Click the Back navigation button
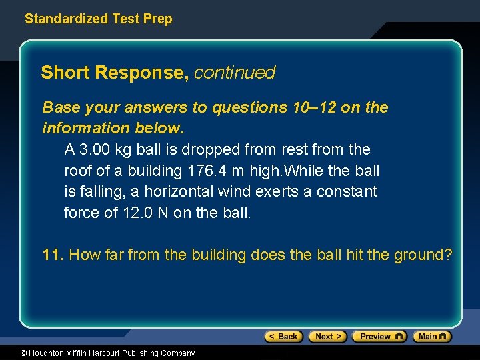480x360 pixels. pyautogui.click(x=284, y=337)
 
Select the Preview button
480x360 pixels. pyautogui.click(x=379, y=337)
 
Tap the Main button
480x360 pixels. pyautogui.click(x=432, y=337)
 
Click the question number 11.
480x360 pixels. pyautogui.click(x=53, y=255)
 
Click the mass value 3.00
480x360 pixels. pyautogui.click(x=95, y=149)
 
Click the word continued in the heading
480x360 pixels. pyautogui.click(x=235, y=72)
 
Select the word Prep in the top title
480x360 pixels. pyautogui.click(x=157, y=19)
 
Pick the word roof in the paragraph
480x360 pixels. pyautogui.click(x=77, y=171)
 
